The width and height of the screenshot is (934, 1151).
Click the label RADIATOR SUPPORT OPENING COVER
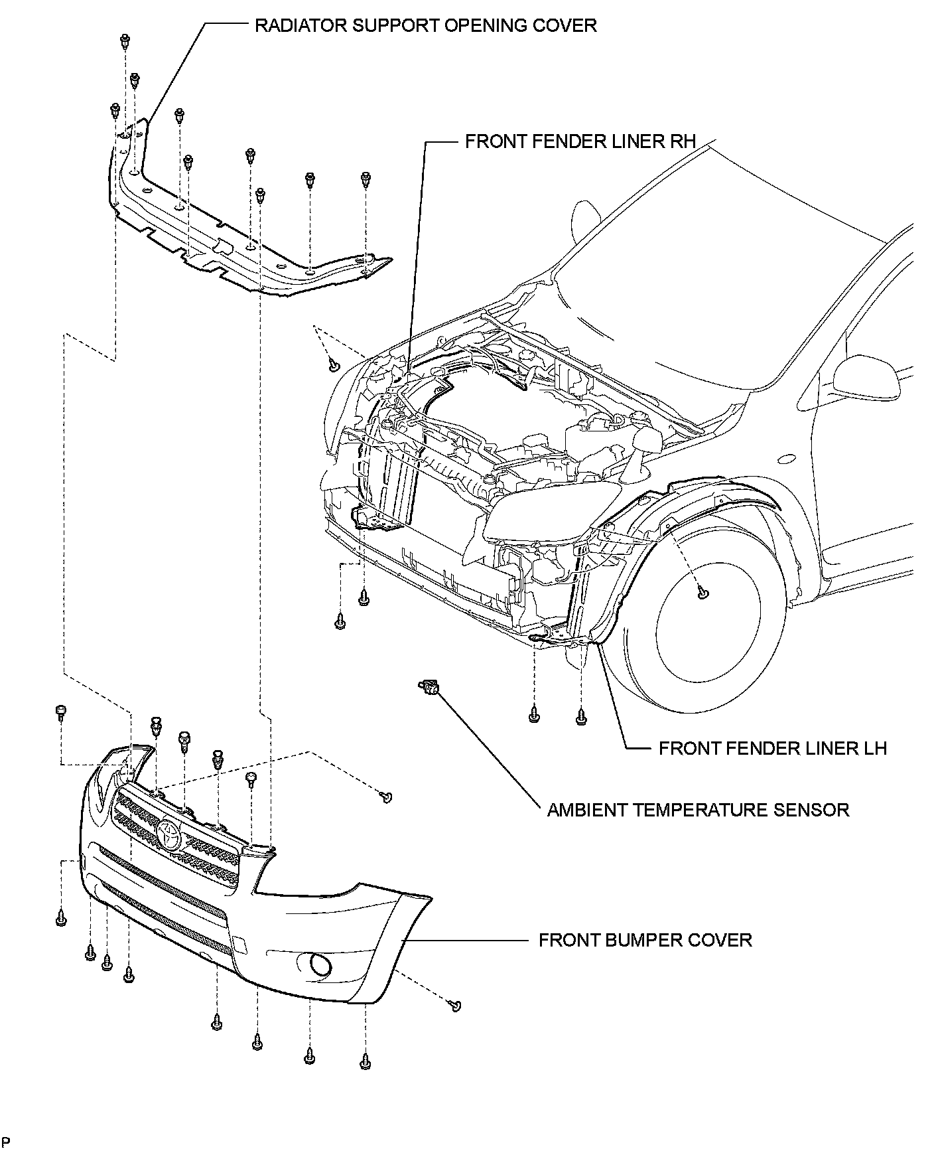tap(426, 26)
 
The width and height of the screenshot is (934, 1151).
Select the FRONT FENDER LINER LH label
tap(772, 749)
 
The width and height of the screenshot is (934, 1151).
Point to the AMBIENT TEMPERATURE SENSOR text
tap(698, 810)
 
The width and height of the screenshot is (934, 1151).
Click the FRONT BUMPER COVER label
tap(645, 941)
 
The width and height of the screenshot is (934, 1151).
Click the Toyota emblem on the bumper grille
tap(169, 834)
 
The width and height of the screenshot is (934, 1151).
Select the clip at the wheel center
tap(704, 593)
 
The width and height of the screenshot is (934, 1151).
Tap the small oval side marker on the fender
tap(787, 459)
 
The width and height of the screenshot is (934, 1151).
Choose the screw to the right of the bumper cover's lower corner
tap(455, 1006)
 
